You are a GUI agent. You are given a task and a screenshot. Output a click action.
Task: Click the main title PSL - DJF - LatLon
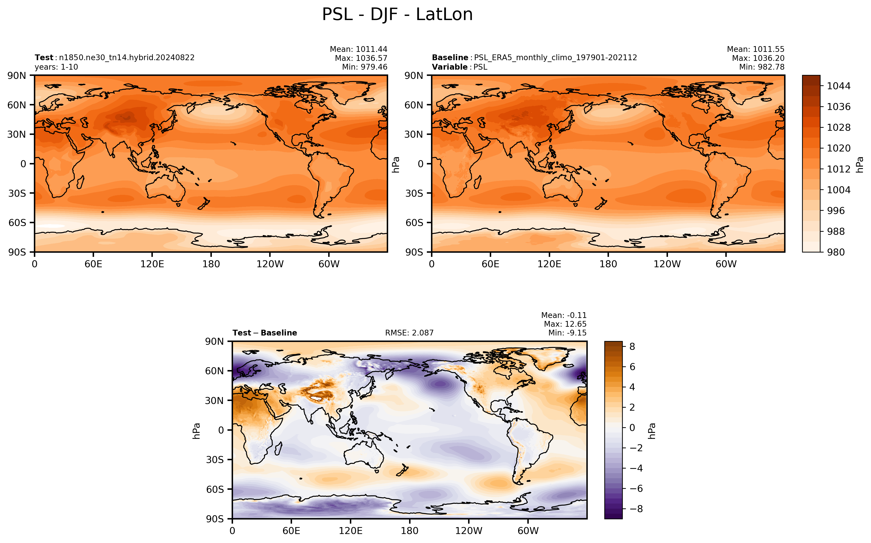click(x=397, y=15)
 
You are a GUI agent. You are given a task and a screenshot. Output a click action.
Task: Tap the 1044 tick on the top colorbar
click(x=838, y=86)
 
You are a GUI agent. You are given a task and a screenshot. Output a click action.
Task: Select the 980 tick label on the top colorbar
click(x=836, y=252)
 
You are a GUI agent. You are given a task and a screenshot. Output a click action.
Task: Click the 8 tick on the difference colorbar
click(x=632, y=347)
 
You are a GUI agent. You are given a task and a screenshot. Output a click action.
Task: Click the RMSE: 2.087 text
click(x=409, y=333)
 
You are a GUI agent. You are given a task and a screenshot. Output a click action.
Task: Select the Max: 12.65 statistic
click(x=565, y=324)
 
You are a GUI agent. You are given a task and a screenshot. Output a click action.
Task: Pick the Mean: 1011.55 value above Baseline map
click(x=756, y=49)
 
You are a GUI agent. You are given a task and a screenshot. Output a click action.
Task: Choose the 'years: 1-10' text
click(x=56, y=67)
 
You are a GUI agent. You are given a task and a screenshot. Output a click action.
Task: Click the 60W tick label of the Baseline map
click(x=726, y=264)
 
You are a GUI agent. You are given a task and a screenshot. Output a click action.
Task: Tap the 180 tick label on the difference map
click(x=410, y=531)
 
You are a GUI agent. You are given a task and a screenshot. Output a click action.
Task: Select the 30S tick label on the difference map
click(x=214, y=460)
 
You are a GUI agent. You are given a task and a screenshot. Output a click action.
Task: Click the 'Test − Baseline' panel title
click(x=265, y=333)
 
